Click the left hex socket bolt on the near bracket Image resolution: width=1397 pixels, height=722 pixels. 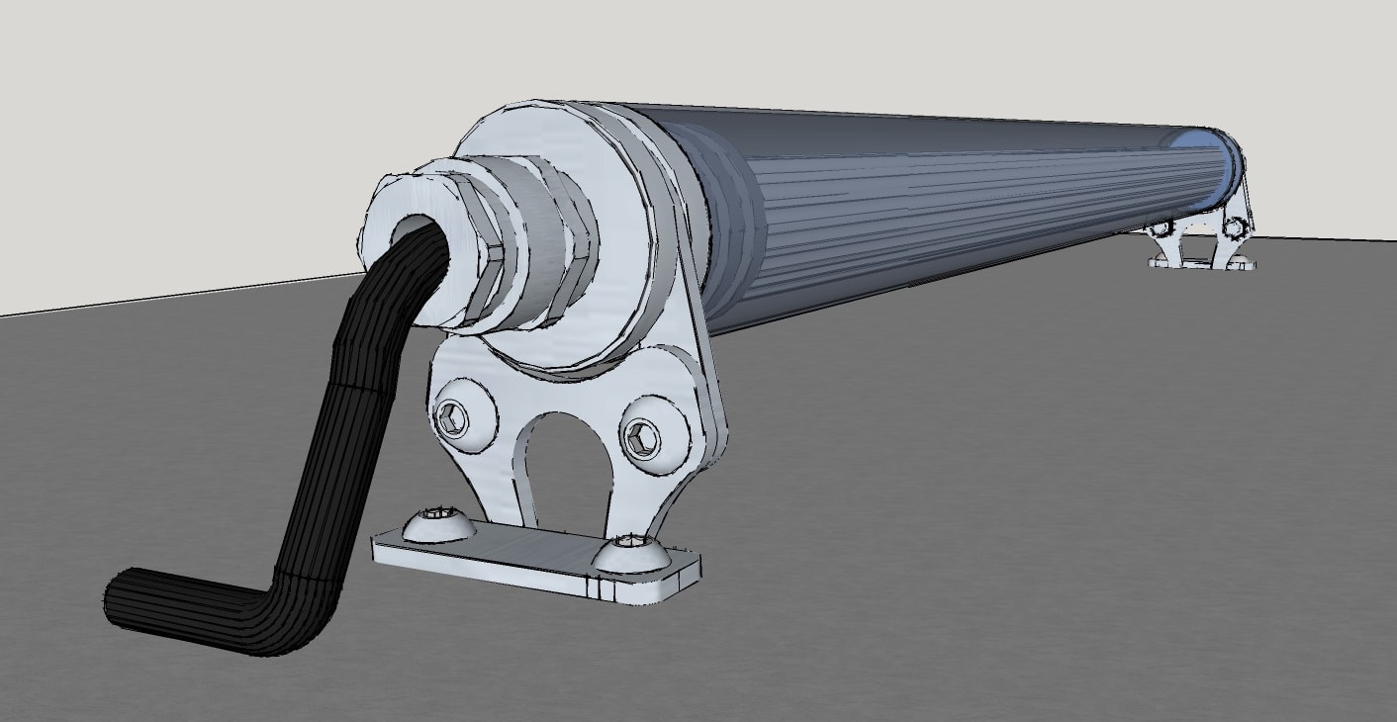coord(451,419)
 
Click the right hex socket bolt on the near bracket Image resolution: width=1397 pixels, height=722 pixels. coord(641,436)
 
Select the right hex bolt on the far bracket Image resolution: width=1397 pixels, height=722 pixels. coord(1233,228)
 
